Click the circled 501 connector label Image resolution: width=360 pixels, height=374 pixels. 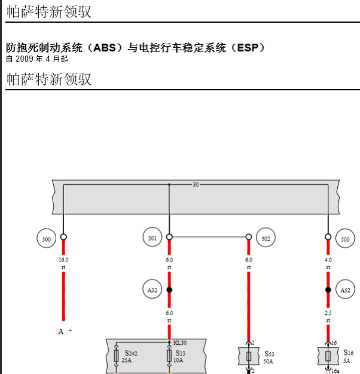(152, 238)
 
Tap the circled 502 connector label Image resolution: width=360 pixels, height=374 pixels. (266, 238)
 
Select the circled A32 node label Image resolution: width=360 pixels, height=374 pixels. (152, 290)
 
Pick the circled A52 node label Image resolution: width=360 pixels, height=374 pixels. (345, 290)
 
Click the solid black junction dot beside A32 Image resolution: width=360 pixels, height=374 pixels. (169, 290)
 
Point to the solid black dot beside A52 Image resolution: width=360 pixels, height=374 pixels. (328, 290)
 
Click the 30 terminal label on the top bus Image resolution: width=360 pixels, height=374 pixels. (196, 184)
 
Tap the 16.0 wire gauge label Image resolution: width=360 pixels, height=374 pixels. (63, 260)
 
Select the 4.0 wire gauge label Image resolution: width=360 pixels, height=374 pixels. (328, 260)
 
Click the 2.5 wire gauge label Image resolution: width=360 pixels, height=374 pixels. (328, 313)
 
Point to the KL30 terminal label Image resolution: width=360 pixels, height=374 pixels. (180, 343)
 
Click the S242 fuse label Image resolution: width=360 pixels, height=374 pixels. (131, 353)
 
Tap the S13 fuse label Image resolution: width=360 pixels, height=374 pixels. (181, 353)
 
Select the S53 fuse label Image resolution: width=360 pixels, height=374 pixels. (270, 354)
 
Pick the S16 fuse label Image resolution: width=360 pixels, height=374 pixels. (348, 352)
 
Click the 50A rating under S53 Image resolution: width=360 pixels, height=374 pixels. (269, 361)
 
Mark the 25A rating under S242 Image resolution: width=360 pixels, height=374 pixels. (126, 360)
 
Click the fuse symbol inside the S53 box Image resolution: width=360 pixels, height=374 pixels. (249, 357)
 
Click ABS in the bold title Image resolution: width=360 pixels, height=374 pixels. (105, 47)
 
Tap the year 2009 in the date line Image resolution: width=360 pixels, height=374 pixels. (25, 59)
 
